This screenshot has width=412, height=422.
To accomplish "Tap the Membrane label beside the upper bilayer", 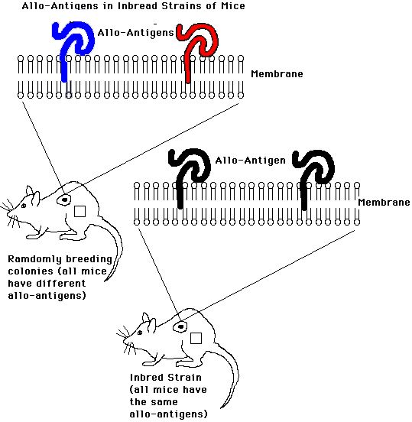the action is click(277, 74).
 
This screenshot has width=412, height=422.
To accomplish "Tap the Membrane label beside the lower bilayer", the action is click(384, 202).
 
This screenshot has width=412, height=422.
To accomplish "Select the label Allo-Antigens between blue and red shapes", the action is click(135, 33).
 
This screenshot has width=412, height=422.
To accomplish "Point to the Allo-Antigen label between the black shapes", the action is click(250, 161).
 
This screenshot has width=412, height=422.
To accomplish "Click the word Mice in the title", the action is click(233, 6).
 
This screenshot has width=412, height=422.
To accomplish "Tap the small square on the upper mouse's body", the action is click(79, 211).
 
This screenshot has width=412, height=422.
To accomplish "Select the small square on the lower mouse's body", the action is click(196, 339).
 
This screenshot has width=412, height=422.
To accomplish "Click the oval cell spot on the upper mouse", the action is click(64, 200).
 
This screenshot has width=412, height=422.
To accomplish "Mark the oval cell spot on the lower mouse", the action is click(180, 327).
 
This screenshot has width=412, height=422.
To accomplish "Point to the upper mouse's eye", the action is click(24, 206).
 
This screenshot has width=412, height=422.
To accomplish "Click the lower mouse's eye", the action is click(140, 333).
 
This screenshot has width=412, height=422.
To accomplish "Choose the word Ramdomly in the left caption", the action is click(34, 259).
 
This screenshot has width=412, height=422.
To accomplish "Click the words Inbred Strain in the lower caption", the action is click(166, 378).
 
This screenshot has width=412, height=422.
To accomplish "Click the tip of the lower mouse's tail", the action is click(221, 408).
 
